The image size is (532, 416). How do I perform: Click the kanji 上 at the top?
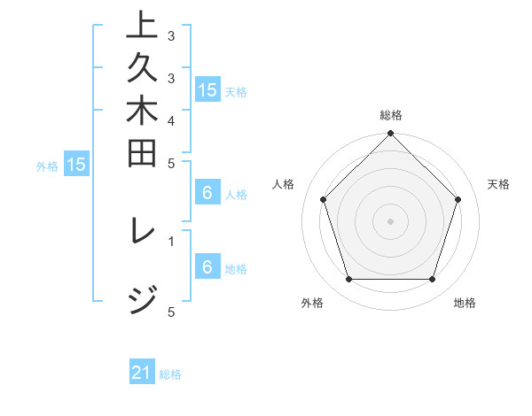click(142, 25)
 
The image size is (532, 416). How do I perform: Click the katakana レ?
click(143, 235)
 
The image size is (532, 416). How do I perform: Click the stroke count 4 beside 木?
click(170, 119)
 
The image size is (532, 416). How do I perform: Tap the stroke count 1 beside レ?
click(170, 240)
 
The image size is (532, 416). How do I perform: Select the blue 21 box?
click(142, 373)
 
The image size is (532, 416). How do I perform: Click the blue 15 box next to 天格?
click(207, 89)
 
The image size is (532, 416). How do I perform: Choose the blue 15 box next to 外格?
click(76, 164)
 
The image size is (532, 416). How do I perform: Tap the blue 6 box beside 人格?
click(207, 194)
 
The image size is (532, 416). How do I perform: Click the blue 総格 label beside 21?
click(170, 374)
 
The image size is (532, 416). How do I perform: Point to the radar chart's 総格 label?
click(390, 115)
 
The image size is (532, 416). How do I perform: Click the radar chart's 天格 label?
click(498, 184)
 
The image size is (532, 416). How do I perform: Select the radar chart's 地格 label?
click(465, 303)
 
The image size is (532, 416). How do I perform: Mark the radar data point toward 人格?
click(323, 199)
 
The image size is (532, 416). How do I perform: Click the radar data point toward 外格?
click(348, 279)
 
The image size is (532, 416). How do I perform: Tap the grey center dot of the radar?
click(390, 220)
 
